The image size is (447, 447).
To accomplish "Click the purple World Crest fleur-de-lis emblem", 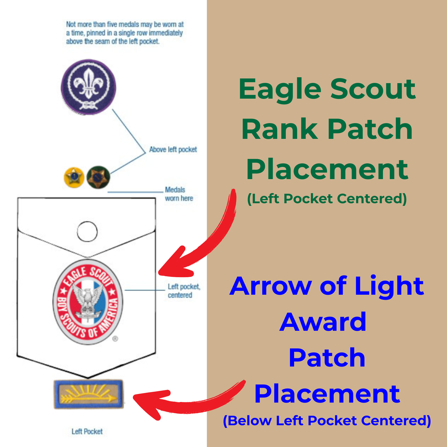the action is (88, 86).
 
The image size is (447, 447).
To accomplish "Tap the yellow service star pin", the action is (74, 177).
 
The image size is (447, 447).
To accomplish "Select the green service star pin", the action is (98, 177).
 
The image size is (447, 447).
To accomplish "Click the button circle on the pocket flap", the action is (87, 231).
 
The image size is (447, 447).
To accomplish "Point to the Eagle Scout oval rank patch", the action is (88, 302).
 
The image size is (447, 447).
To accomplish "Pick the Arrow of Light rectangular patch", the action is (89, 394).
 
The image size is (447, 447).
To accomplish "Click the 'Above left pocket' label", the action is (173, 149).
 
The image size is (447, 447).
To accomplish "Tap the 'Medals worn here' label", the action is (179, 194).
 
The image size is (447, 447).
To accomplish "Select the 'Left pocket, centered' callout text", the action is (184, 291).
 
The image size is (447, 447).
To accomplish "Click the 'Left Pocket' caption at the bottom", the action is (87, 431).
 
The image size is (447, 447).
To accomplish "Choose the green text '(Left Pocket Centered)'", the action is (327, 199).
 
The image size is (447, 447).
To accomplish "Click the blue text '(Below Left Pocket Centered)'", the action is (327, 420).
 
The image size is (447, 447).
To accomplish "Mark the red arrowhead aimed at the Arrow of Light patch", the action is (149, 402).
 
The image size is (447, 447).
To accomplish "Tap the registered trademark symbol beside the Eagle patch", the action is (115, 339).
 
